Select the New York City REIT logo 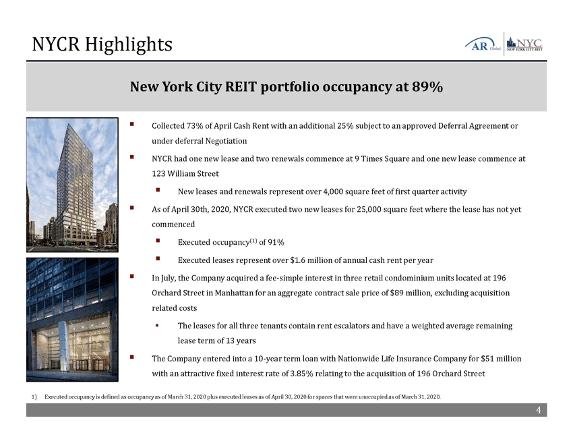[x=524, y=43]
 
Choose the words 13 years [x=242, y=341]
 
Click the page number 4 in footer [x=538, y=411]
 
